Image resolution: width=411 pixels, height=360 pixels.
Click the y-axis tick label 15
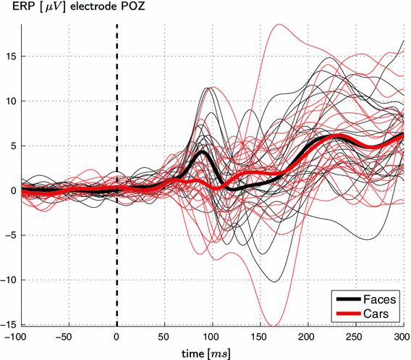point(11,56)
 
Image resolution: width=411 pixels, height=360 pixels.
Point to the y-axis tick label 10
point(11,101)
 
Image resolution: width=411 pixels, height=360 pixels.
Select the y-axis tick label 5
point(13,146)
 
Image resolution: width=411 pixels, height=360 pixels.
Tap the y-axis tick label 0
point(13,191)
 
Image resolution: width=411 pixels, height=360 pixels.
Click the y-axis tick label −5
point(11,235)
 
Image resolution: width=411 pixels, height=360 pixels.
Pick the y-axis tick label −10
point(9,280)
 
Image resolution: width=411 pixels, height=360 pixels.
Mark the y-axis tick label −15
point(9,325)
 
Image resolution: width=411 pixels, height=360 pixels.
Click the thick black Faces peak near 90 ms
point(204,153)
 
